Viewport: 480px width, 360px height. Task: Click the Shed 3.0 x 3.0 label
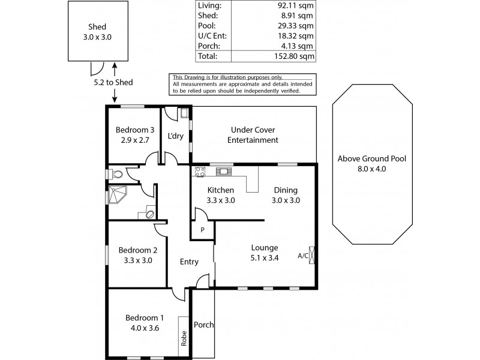(97, 32)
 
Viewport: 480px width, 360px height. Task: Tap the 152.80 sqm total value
(294, 56)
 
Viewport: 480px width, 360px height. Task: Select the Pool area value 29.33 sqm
(295, 26)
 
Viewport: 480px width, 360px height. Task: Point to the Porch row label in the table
(209, 46)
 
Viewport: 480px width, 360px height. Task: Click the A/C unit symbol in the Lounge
(311, 254)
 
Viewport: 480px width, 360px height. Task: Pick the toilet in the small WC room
(116, 175)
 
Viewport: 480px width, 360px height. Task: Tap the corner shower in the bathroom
(117, 194)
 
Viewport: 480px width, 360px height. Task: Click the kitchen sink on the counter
(224, 171)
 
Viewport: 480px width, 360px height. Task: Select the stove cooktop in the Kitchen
(200, 172)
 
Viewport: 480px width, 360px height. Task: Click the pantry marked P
(202, 230)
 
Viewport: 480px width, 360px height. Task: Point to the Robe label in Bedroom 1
(184, 338)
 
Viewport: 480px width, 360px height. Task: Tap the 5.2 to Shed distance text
(113, 82)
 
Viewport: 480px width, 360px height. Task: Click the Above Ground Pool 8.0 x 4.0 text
(372, 164)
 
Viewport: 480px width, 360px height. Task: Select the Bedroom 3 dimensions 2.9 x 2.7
(135, 140)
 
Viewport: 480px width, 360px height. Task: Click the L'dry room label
(175, 136)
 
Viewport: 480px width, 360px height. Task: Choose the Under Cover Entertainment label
(253, 135)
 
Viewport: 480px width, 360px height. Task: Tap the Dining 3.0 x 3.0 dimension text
(286, 200)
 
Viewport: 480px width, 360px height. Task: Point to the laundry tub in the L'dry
(184, 113)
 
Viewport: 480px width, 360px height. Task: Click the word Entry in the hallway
(189, 262)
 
